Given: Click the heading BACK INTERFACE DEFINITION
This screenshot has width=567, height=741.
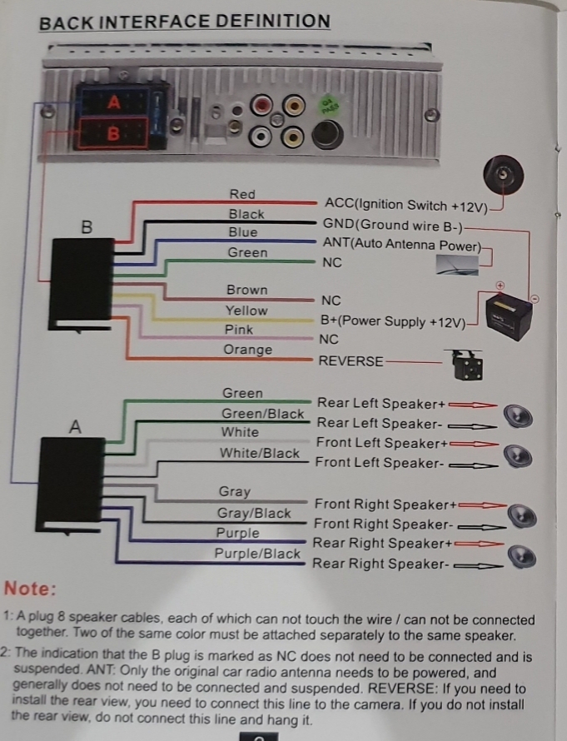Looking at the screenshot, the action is [184, 22].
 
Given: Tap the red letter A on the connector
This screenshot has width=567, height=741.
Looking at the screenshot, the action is [114, 102].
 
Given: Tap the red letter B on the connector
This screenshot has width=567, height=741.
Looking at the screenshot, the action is [113, 134].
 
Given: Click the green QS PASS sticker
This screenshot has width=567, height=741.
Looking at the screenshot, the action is [327, 107].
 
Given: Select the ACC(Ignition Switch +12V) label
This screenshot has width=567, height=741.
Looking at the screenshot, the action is [405, 205].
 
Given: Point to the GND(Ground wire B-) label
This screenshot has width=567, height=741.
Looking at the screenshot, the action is [393, 226].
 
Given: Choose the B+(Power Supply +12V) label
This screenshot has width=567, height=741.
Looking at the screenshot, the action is [393, 321].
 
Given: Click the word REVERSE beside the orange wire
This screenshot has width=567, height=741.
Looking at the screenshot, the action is [351, 361].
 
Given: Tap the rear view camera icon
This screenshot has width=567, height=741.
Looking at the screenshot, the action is [468, 365].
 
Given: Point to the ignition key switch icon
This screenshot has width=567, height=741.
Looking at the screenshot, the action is [503, 174].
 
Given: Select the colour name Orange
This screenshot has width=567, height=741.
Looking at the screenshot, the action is [247, 350].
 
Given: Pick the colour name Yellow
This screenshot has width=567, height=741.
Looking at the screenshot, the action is [246, 311].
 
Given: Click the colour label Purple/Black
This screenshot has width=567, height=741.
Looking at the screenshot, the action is [257, 554].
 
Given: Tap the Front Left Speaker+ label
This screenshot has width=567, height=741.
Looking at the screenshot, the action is [382, 443].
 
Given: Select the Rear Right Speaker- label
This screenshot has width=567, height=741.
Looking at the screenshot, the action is [380, 564].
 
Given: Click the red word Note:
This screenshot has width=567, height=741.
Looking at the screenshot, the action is [30, 589].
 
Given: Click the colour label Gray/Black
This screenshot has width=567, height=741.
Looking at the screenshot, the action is [254, 513].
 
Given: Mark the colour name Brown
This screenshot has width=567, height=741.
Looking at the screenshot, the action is [246, 290].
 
